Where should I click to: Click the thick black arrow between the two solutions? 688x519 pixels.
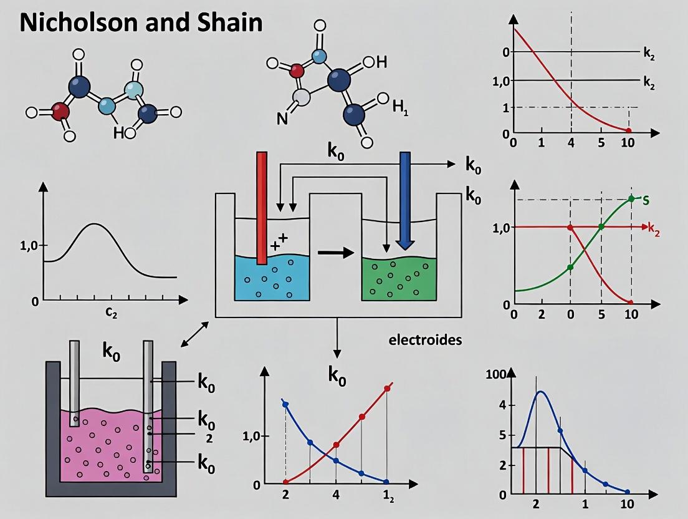pyautogui.click(x=335, y=253)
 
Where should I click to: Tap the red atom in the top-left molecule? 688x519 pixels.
pyautogui.click(x=60, y=112)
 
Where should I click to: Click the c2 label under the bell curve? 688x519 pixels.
pyautogui.click(x=112, y=314)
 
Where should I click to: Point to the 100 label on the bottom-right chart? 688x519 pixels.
pyautogui.click(x=500, y=374)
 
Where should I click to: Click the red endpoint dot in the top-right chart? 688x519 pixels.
pyautogui.click(x=629, y=130)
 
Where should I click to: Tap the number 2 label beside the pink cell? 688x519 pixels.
pyautogui.click(x=209, y=438)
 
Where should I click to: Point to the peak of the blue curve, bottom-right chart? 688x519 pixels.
pyautogui.click(x=541, y=392)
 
